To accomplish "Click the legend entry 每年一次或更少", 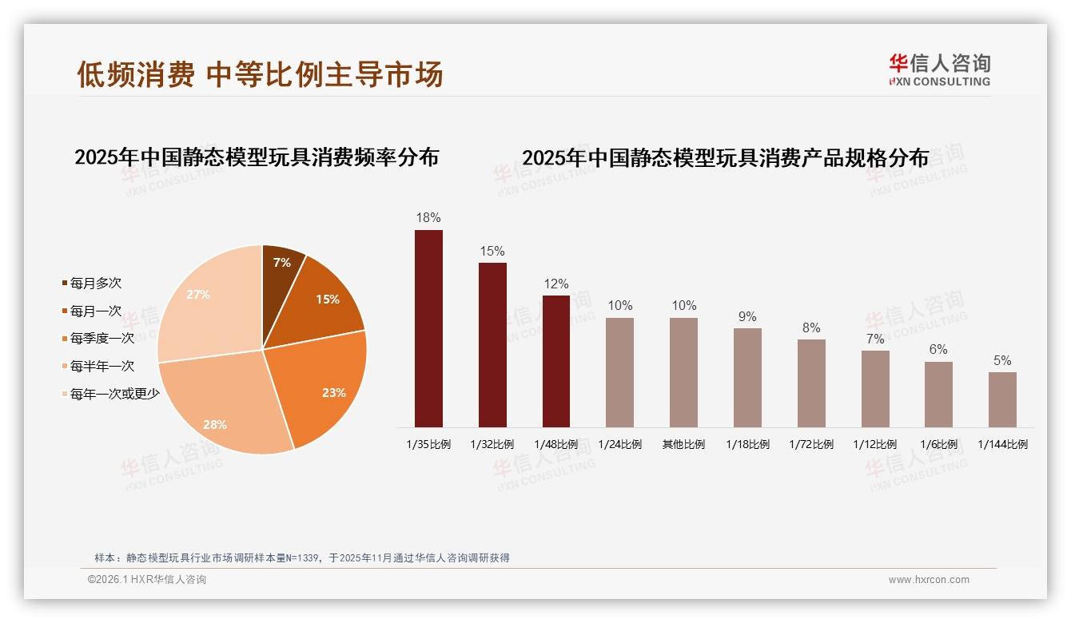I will pos(114,394).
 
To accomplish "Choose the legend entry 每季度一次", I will pos(102,339).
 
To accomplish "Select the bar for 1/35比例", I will pos(428,328).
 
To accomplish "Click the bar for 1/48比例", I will pos(556,361).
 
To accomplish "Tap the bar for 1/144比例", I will pos(1002,399).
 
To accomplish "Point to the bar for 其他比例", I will pos(683,372).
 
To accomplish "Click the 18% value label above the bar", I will pos(428,218).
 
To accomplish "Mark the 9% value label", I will pos(747,317).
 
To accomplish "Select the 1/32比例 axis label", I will pos(492,445).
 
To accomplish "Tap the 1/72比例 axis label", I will pos(811,445).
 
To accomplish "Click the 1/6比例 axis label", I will pos(938,445).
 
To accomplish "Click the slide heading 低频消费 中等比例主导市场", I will pos(260,74).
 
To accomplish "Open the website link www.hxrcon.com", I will pos(929,580).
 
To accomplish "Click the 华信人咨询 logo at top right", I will pos(939,69).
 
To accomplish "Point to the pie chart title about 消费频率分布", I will pos(257,157).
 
